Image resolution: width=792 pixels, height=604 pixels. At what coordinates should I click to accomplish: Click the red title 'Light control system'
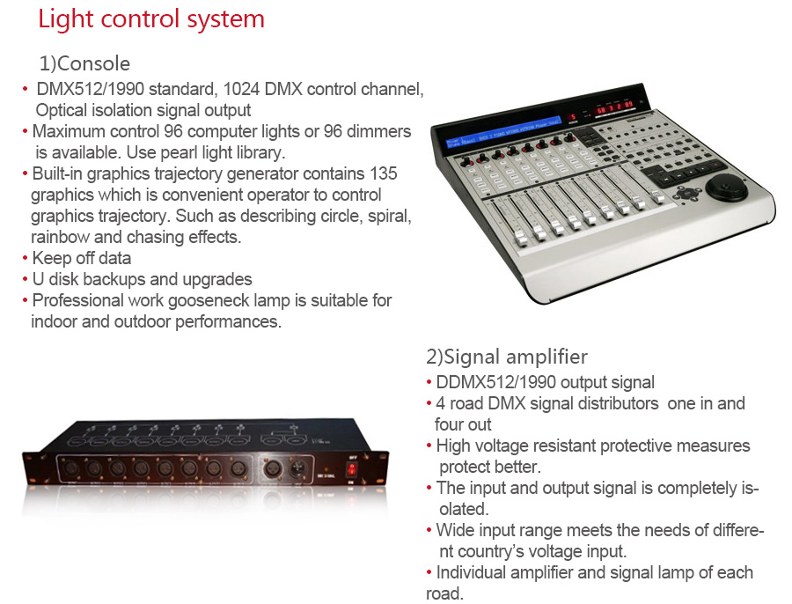(x=151, y=19)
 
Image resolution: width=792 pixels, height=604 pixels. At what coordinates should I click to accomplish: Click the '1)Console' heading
(x=84, y=63)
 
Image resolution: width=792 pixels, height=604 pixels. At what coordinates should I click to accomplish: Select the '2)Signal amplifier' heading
(x=507, y=357)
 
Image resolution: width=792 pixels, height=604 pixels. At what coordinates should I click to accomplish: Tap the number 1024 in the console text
(x=241, y=89)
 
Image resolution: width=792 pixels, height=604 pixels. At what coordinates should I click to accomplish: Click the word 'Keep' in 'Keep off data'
(x=48, y=258)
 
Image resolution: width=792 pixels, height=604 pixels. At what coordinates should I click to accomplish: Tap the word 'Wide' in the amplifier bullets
(x=455, y=530)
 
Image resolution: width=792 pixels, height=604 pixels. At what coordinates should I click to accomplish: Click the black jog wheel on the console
(x=726, y=187)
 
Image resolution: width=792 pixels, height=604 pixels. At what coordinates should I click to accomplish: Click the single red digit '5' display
(x=573, y=117)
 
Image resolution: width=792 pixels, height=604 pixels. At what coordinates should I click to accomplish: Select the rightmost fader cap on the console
(x=658, y=196)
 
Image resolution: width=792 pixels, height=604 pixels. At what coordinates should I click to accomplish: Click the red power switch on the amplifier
(x=351, y=470)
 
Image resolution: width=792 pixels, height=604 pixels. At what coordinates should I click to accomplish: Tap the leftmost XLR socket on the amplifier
(x=70, y=469)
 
